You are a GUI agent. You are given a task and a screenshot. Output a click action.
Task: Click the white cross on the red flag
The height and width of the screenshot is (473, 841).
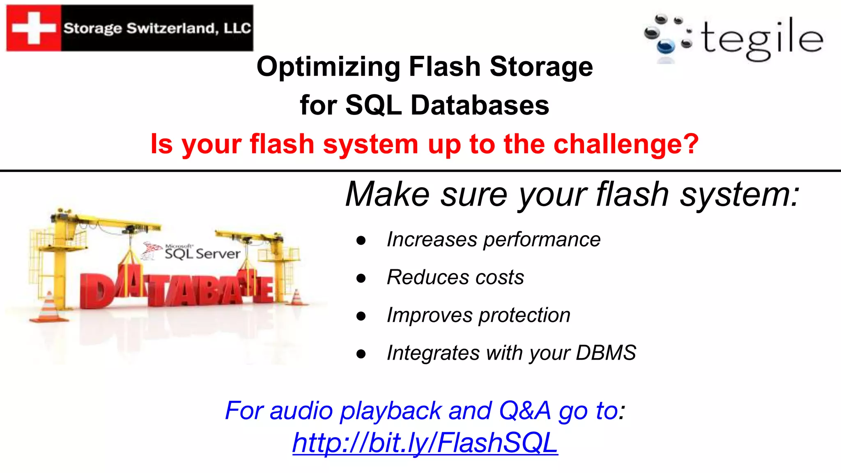tap(34, 28)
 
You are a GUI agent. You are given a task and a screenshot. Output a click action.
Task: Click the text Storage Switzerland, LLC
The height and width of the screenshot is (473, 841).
tap(157, 28)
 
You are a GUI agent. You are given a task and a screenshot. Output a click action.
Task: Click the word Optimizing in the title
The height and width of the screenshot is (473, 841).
tap(328, 67)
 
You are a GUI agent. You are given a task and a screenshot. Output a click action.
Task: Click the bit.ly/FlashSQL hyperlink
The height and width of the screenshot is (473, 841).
tap(425, 443)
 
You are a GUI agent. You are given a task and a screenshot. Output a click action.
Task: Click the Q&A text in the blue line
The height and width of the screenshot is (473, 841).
tap(524, 410)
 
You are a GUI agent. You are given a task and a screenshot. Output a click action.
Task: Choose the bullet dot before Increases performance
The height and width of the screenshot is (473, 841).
tap(361, 241)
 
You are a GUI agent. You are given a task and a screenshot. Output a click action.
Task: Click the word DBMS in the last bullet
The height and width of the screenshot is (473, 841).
tap(606, 353)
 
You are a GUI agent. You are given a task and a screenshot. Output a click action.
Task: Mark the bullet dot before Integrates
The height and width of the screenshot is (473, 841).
tap(361, 354)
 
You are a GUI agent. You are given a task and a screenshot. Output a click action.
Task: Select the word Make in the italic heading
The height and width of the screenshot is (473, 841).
tap(388, 194)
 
